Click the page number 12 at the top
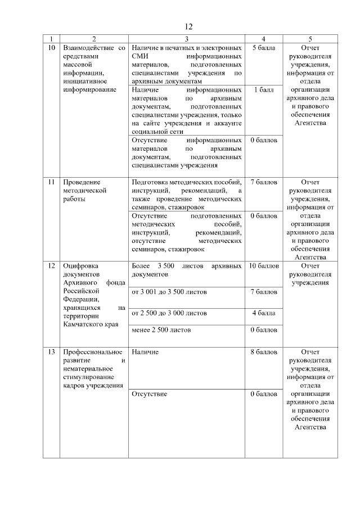(x=188, y=26)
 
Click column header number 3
(x=186, y=39)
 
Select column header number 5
(x=310, y=39)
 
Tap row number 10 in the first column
(x=51, y=48)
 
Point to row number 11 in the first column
(x=51, y=182)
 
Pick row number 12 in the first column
(x=51, y=266)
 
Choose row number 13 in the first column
(x=51, y=352)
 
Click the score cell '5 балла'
(x=264, y=48)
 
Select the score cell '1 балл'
(x=264, y=89)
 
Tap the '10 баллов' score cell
(x=264, y=266)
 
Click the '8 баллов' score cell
(x=264, y=352)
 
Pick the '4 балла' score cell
(x=264, y=313)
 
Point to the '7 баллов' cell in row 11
(x=264, y=182)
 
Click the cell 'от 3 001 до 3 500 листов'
(x=169, y=292)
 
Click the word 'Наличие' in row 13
(x=145, y=352)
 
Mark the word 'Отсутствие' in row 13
(x=148, y=394)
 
